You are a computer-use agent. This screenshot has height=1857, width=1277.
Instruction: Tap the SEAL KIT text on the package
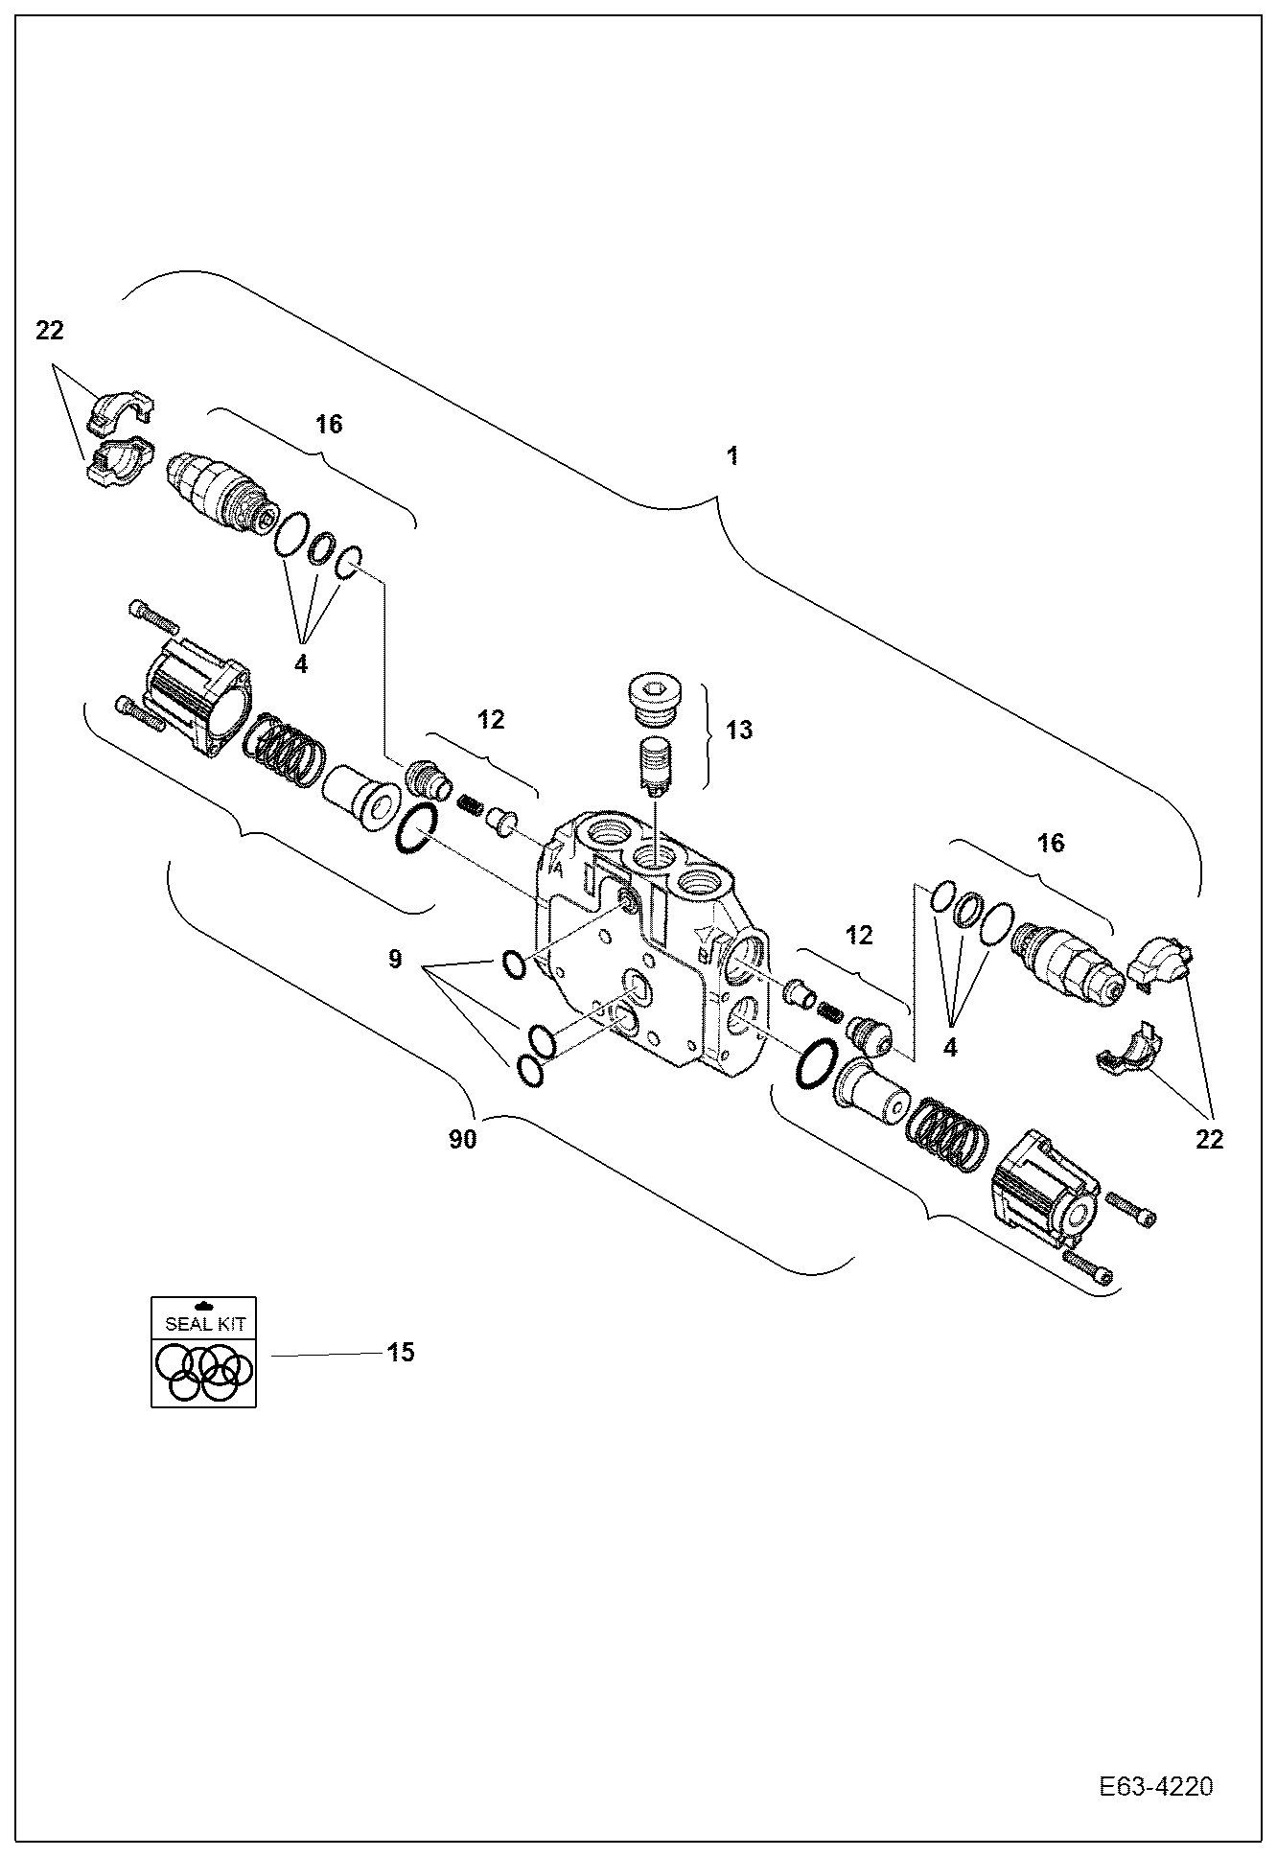[204, 1324]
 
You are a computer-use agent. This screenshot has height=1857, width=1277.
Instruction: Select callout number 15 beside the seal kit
[401, 1352]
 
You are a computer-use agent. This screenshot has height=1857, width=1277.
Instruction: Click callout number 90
[463, 1141]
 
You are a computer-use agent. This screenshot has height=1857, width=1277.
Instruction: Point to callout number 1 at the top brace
[732, 456]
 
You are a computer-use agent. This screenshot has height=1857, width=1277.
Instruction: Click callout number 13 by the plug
[739, 731]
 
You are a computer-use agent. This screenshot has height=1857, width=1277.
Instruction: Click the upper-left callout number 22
[50, 331]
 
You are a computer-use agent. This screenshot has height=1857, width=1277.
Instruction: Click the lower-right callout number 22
[1210, 1140]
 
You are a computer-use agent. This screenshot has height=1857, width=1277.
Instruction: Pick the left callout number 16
[329, 424]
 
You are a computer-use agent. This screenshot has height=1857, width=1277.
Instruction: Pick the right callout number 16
[1051, 843]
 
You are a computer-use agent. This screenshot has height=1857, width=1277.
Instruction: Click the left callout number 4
[301, 663]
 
